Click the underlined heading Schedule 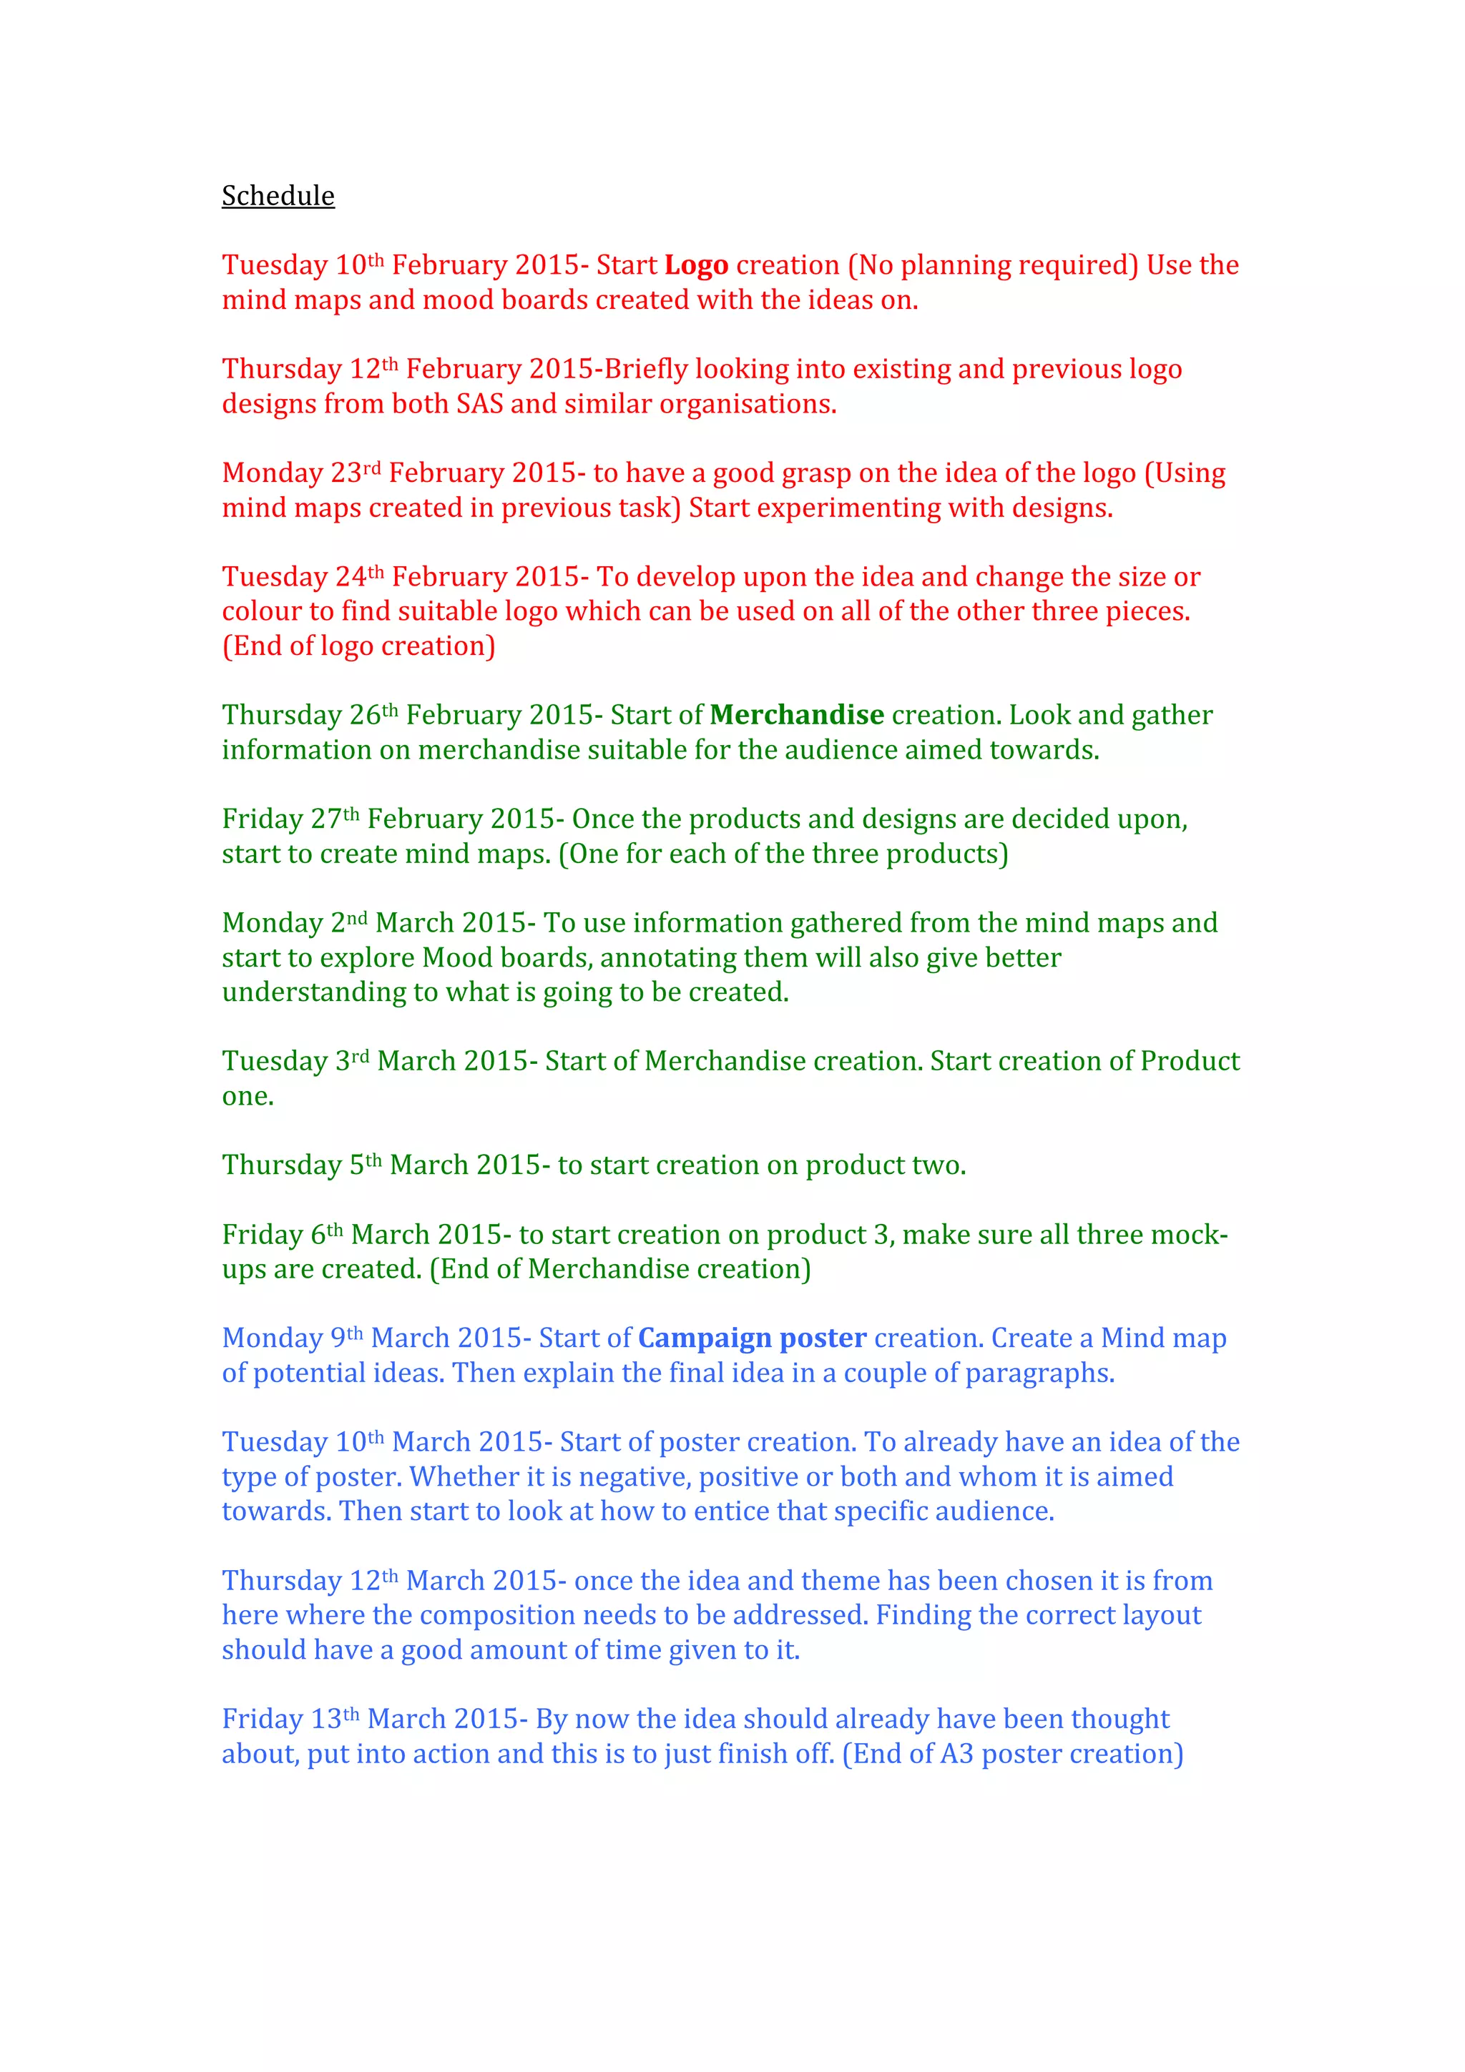tap(278, 196)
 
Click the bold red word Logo tap(696, 265)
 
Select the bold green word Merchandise tap(796, 715)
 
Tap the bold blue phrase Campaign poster tap(752, 1338)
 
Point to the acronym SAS tap(479, 404)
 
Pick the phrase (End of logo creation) tap(358, 646)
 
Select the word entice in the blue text tap(731, 1511)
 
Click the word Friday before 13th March tap(262, 1719)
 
